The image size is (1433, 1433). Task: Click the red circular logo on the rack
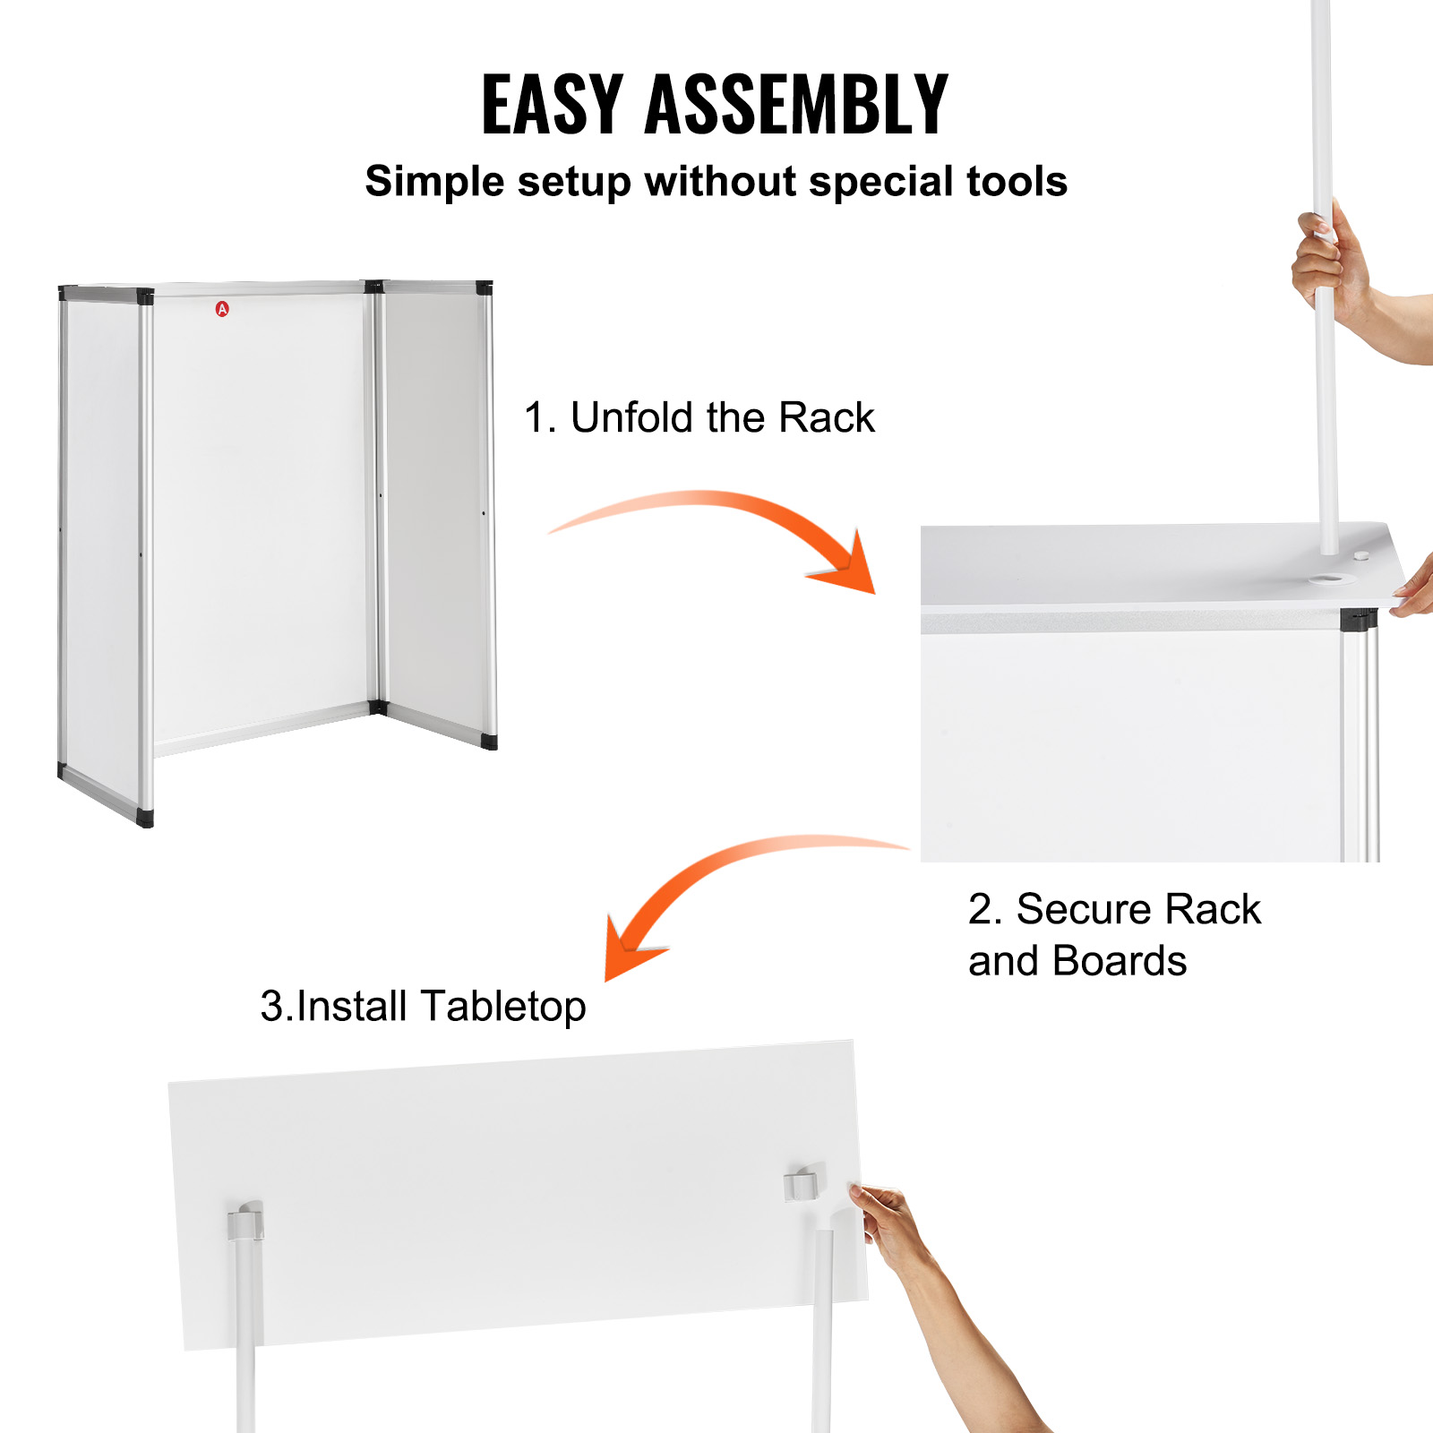(222, 309)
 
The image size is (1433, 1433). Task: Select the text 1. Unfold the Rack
(699, 417)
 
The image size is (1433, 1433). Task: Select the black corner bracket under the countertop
(1358, 619)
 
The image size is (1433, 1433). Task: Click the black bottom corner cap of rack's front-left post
(145, 817)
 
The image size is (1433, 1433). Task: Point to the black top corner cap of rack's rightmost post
(484, 288)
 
